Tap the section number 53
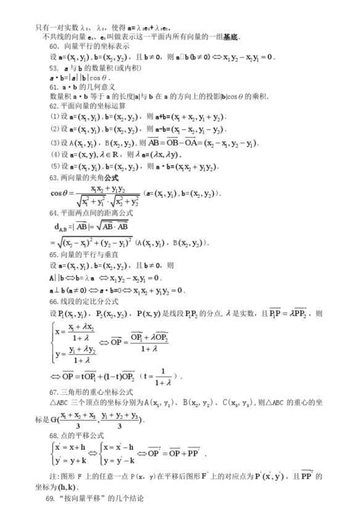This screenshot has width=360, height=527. [54, 67]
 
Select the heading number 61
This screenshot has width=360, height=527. [54, 87]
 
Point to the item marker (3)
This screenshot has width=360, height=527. [55, 143]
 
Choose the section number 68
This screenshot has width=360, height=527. [54, 436]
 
